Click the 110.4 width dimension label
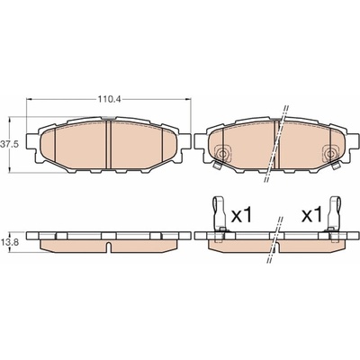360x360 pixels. [x=108, y=99]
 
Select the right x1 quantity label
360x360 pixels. [x=311, y=215]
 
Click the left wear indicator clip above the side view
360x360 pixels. [x=220, y=214]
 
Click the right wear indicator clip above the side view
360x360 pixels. [x=334, y=214]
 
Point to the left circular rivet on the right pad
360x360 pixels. [x=222, y=154]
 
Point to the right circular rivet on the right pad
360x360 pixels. [x=330, y=154]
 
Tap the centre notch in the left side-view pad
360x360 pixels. [x=108, y=247]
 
